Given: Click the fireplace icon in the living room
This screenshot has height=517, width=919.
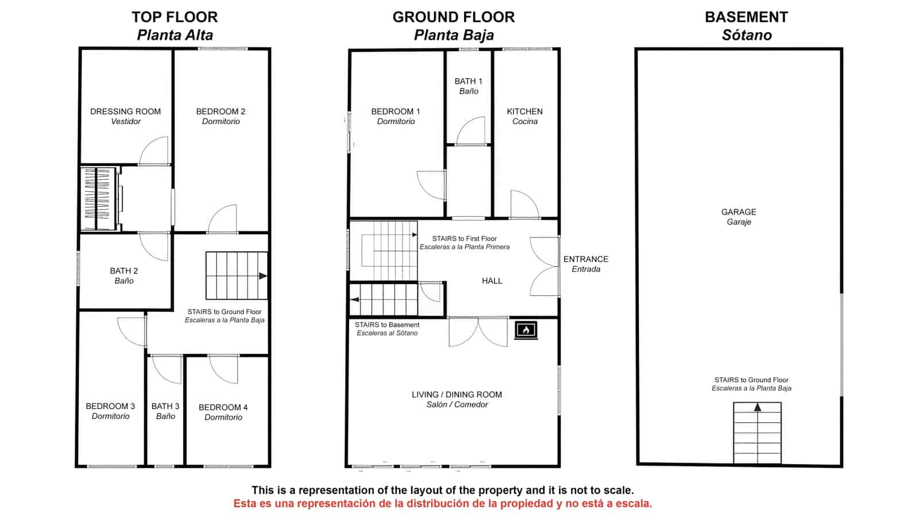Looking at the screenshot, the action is [x=526, y=330].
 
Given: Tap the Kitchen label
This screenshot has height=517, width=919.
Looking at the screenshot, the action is [x=525, y=117].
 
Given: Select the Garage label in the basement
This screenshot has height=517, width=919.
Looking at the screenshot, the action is [x=739, y=217].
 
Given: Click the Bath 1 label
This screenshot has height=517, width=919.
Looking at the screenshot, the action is [x=469, y=86].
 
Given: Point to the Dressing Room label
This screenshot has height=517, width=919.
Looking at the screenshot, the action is [x=126, y=117].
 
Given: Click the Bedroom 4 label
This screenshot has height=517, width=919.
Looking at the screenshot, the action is [x=223, y=412].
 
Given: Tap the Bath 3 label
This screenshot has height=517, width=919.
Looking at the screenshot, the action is [x=165, y=411].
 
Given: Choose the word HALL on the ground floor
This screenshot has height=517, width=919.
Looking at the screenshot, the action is [x=492, y=281].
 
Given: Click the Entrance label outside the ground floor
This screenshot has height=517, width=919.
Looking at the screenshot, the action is [x=586, y=264].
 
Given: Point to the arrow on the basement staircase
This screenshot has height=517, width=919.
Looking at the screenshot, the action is [x=758, y=407].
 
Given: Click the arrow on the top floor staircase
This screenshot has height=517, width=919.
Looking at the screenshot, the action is [x=263, y=276].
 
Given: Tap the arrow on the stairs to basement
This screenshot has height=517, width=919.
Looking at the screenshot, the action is [x=355, y=299].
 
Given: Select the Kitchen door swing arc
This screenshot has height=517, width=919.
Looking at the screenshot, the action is [x=525, y=204].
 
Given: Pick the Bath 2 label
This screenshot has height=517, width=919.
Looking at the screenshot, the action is [x=124, y=276].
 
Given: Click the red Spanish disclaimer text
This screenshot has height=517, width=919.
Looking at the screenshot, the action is [x=443, y=503].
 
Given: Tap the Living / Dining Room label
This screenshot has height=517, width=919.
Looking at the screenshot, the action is [x=457, y=400].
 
